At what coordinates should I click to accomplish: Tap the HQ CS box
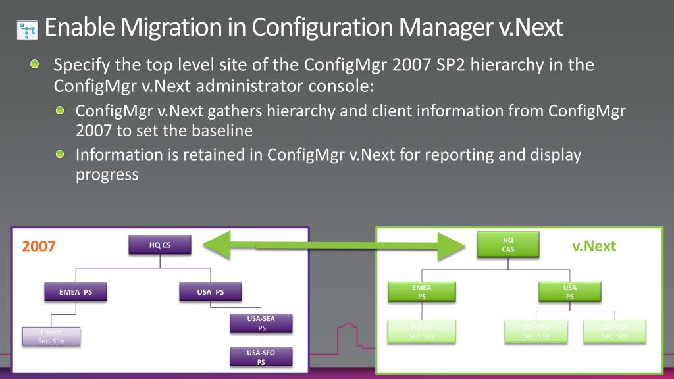[160, 246]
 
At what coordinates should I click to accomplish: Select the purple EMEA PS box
[76, 292]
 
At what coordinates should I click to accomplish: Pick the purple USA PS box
[211, 292]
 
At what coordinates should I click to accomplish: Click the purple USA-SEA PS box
[261, 323]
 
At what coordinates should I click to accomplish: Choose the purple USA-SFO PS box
[261, 357]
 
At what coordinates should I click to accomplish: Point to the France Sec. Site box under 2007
[51, 336]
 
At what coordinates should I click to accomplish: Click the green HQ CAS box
[508, 245]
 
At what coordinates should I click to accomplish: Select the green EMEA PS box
[421, 292]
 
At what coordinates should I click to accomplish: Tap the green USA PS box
[570, 292]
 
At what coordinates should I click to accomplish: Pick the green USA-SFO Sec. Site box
[536, 331]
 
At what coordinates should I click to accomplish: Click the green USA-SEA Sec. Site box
[615, 331]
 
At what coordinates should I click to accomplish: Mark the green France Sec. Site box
[421, 331]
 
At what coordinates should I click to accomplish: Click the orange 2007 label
[39, 247]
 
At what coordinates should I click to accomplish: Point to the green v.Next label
[594, 246]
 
